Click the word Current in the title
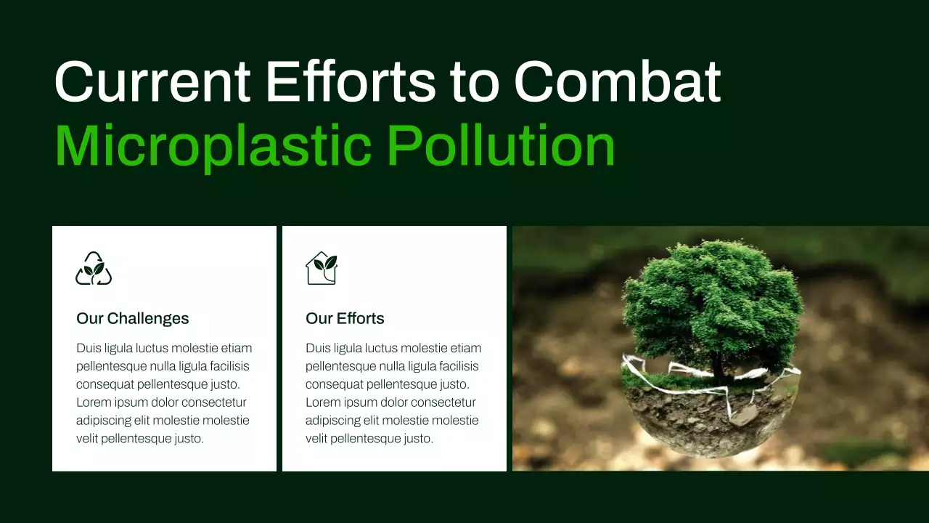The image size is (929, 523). [152, 81]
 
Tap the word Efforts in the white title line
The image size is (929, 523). [351, 81]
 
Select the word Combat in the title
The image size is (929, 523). [617, 81]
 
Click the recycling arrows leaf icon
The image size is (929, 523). [94, 269]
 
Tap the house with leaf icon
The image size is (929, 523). [322, 268]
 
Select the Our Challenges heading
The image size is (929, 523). [132, 318]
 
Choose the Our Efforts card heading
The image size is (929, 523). [345, 318]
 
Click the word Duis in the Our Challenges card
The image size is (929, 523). [89, 348]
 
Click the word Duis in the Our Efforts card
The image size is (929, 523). [318, 348]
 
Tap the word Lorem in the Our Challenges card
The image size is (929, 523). [92, 402]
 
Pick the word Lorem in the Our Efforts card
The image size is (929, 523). [322, 402]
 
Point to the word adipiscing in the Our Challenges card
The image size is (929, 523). [104, 421]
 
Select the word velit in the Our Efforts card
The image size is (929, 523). [317, 439]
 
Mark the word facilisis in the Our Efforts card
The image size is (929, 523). [457, 366]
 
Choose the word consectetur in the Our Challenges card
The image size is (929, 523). [214, 402]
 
